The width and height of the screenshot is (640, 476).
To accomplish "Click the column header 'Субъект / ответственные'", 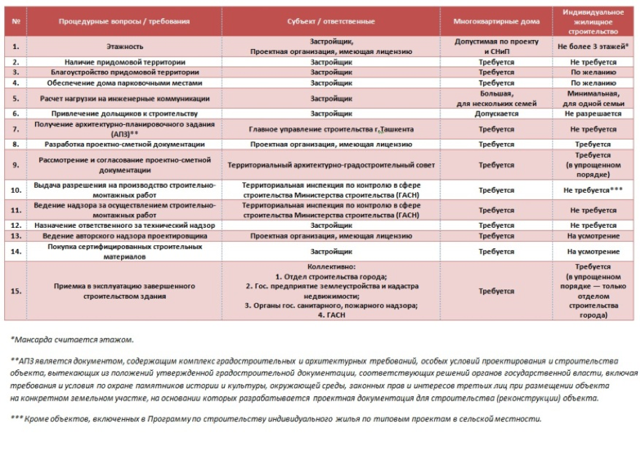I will [x=331, y=21].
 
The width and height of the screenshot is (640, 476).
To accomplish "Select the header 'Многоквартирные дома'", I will [x=496, y=21].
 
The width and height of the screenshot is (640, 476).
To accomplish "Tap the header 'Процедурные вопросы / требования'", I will [x=124, y=21].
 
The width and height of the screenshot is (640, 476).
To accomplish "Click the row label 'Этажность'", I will [x=124, y=46].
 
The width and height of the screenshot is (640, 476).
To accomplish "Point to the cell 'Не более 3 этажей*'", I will [x=593, y=46].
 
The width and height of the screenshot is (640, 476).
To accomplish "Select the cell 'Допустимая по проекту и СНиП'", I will [x=496, y=46].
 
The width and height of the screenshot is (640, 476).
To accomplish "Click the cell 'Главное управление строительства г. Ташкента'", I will [x=331, y=130].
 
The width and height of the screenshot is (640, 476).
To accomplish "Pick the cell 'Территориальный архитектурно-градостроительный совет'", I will [x=331, y=165].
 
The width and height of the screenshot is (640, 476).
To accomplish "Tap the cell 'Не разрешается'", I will [x=593, y=114].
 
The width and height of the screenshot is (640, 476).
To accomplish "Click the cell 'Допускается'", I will [x=496, y=114].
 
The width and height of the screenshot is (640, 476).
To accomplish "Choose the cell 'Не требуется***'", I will [x=593, y=190].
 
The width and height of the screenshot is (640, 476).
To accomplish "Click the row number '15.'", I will [x=16, y=291].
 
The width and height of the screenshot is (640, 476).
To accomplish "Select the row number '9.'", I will [x=16, y=165].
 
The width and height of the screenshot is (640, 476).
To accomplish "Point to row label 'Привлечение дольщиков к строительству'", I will [x=124, y=114].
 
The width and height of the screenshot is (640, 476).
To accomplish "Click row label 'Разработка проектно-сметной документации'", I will [x=124, y=144].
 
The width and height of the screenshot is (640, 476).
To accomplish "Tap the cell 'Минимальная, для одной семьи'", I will [x=593, y=98].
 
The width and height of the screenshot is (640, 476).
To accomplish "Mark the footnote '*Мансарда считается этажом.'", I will [x=72, y=340].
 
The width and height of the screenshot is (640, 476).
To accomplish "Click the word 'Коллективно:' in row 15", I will [x=331, y=267].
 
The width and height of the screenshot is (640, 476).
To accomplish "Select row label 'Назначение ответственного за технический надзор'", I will [x=124, y=226].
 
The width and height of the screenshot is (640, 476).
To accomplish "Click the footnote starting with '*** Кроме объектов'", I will [x=276, y=419].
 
